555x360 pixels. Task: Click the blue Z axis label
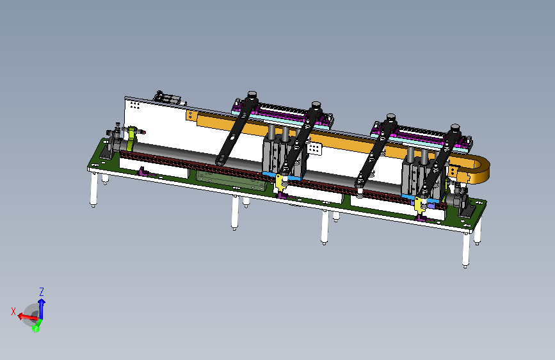point(42,292)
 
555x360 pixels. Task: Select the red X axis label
point(13,311)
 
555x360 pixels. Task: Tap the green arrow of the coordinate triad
point(36,328)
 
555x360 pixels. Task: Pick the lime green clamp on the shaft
point(132,138)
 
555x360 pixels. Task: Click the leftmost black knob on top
point(252,95)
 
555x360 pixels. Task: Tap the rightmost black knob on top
point(455,128)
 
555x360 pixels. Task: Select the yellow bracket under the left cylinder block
point(281,183)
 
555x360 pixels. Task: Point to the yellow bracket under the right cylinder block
point(420,205)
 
